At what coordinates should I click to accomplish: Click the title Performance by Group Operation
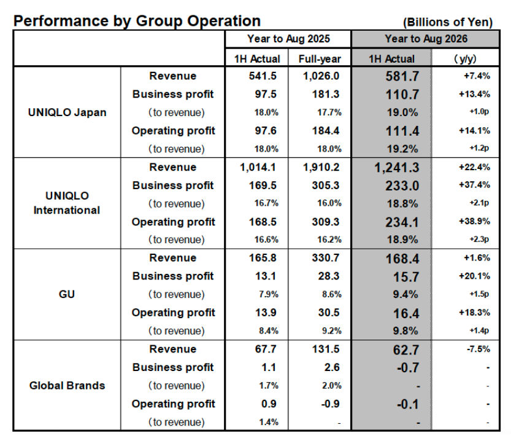click(x=137, y=21)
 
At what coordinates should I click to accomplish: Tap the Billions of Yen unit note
click(x=448, y=22)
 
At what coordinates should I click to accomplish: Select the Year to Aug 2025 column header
click(x=288, y=39)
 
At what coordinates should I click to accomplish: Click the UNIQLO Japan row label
click(x=67, y=112)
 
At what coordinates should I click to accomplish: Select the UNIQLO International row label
click(x=67, y=203)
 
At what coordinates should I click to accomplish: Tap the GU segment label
click(x=67, y=294)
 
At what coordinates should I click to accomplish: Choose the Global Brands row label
click(x=67, y=385)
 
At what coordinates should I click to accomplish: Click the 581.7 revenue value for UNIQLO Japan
click(x=392, y=77)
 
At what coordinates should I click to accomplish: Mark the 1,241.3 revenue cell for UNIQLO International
click(x=392, y=168)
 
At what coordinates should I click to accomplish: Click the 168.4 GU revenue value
click(x=392, y=258)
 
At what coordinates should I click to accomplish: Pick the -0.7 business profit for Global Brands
click(x=392, y=367)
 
